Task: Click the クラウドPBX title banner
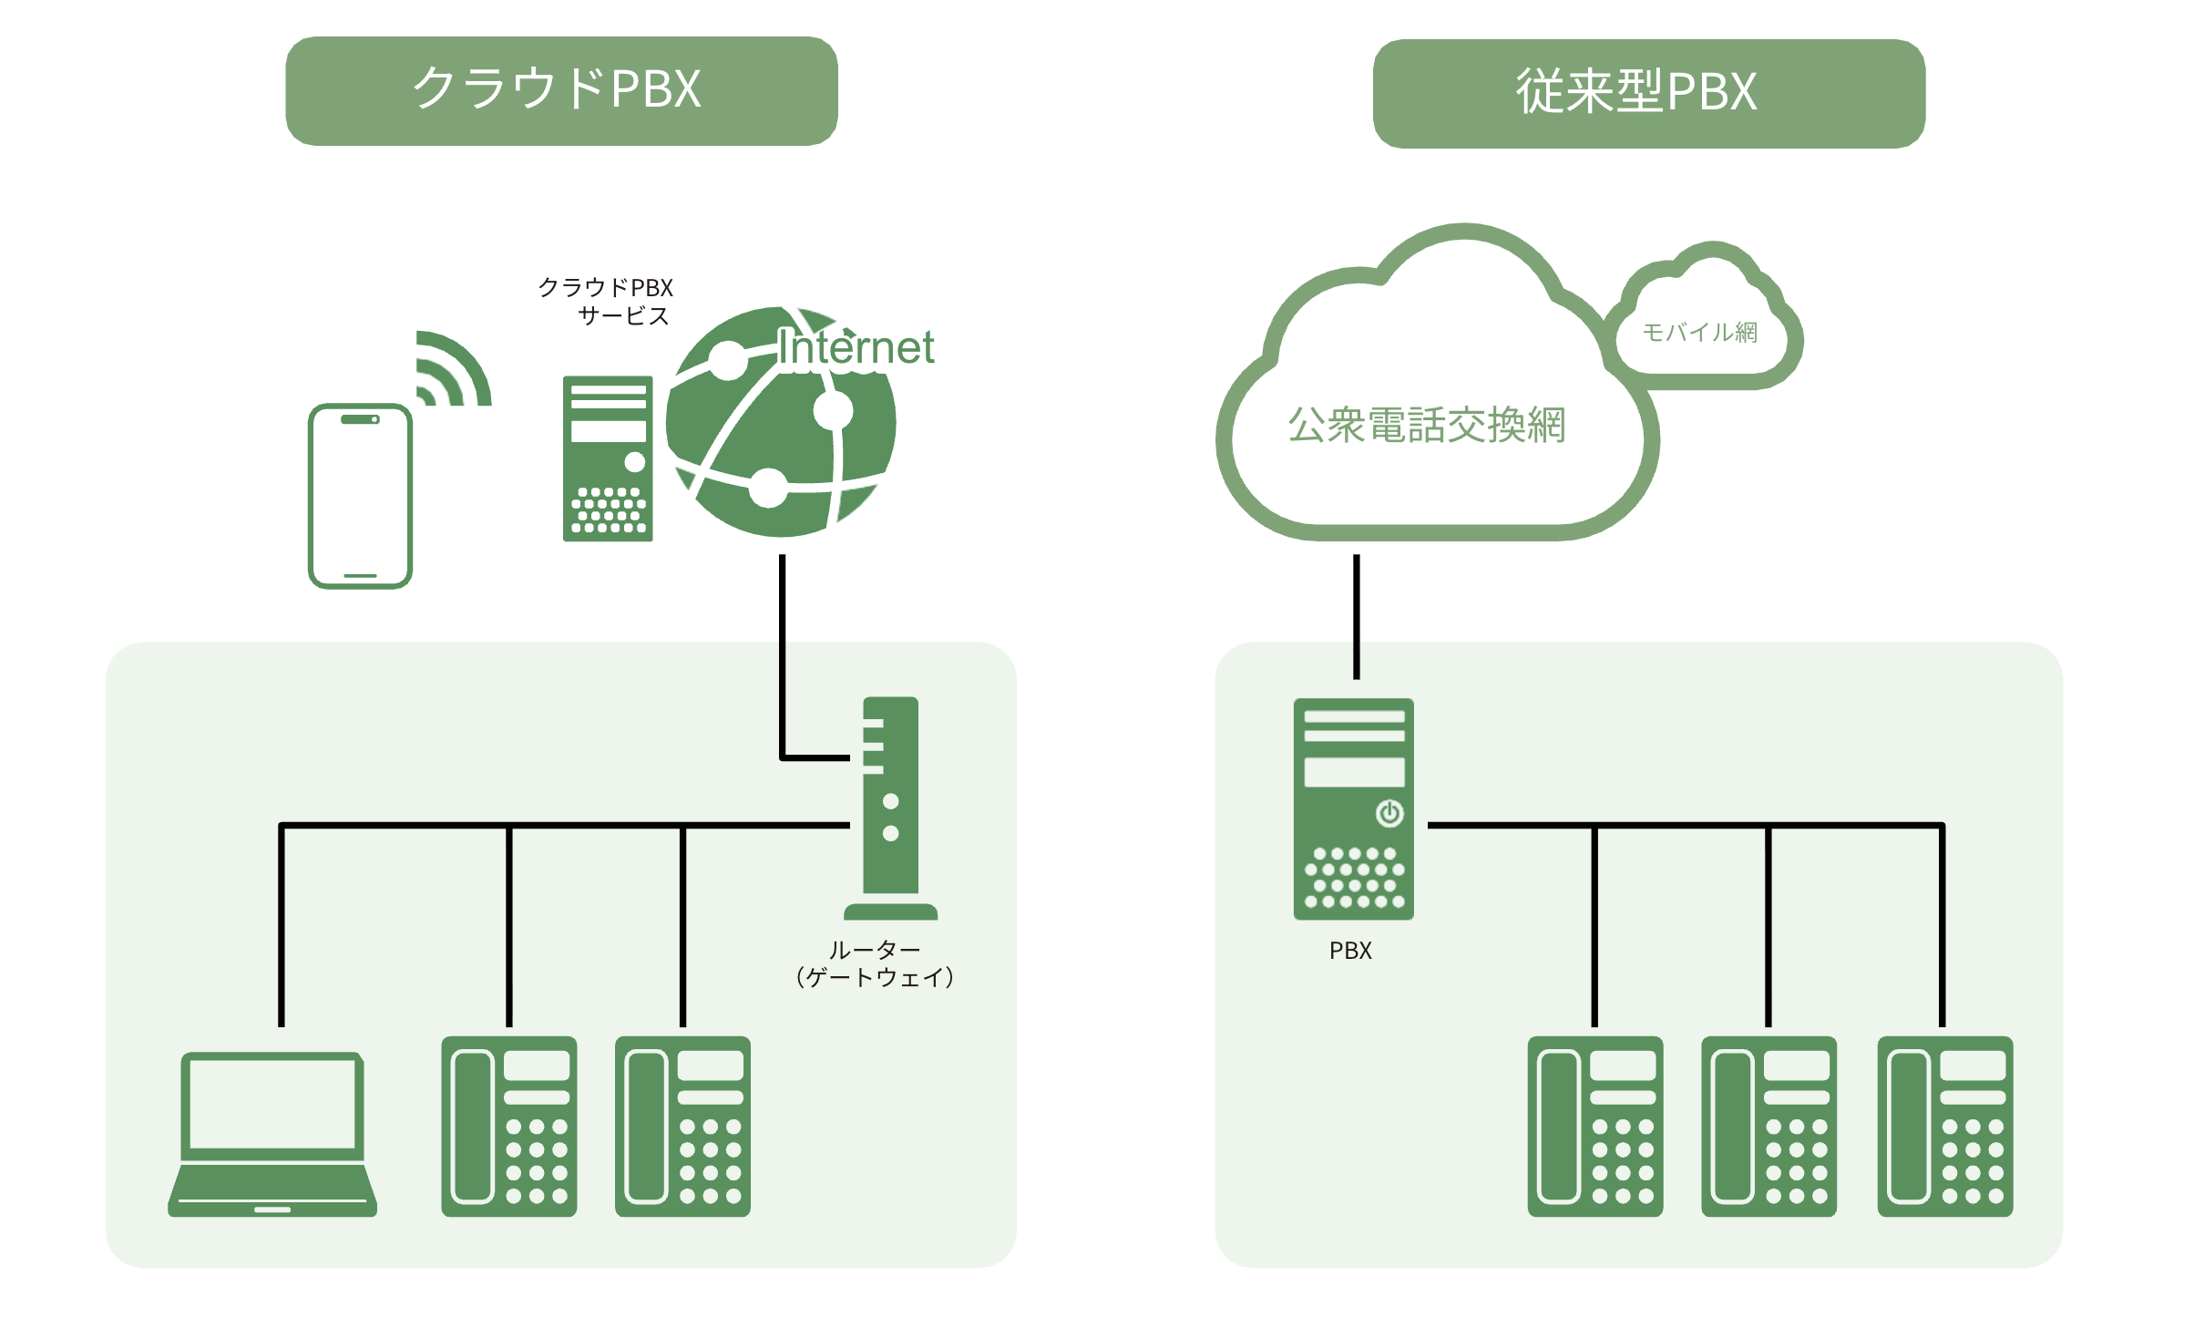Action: click(560, 90)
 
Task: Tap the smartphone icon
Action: click(360, 496)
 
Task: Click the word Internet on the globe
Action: click(856, 347)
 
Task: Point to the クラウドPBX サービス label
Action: click(607, 302)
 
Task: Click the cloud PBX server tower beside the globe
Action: click(608, 458)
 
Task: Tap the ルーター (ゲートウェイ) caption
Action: click(874, 963)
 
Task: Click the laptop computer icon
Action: click(272, 1134)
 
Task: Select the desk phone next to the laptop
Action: click(508, 1126)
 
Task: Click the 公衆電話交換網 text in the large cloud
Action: click(1426, 425)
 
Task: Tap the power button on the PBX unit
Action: click(1389, 813)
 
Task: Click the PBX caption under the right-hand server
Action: click(1349, 951)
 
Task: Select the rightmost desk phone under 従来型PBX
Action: click(1944, 1126)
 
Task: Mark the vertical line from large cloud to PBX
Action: click(1356, 616)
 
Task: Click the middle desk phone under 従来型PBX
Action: click(1768, 1126)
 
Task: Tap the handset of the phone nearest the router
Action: click(646, 1126)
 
